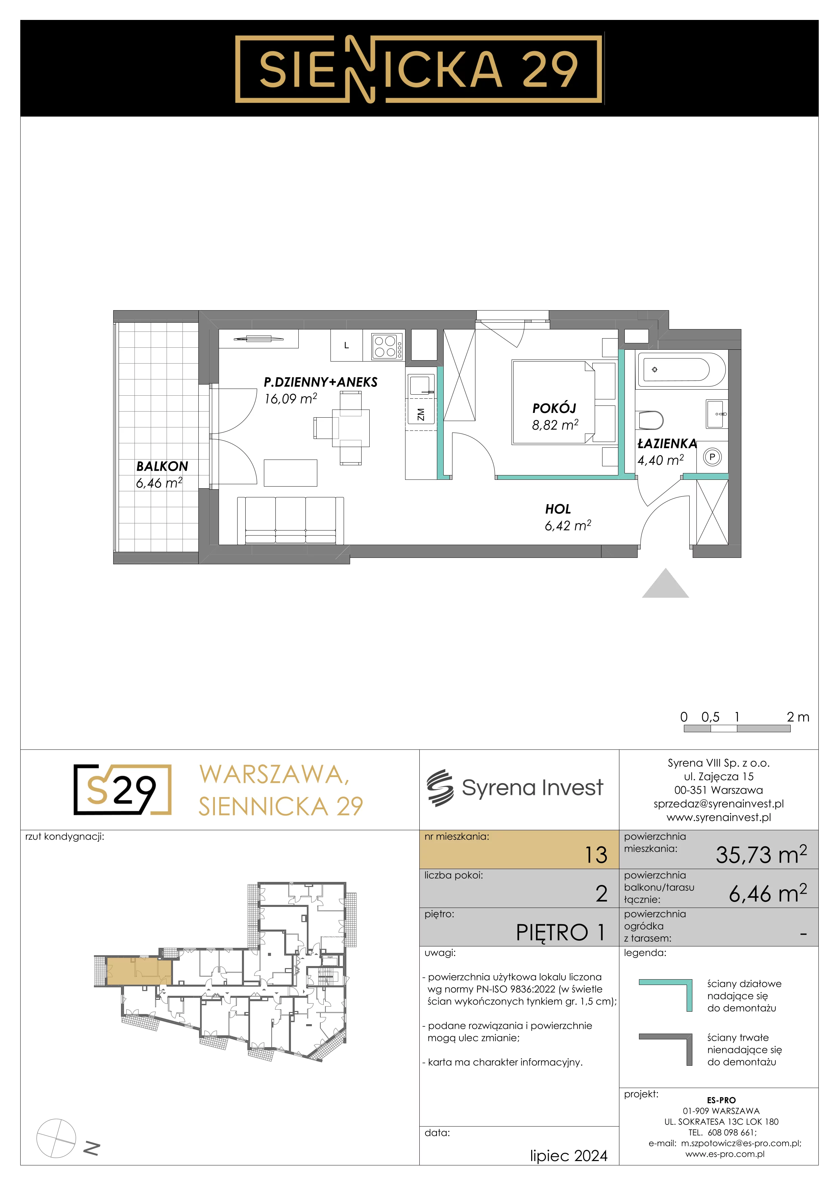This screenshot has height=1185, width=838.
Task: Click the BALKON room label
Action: click(x=162, y=466)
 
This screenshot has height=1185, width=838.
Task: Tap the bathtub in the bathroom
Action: click(x=682, y=370)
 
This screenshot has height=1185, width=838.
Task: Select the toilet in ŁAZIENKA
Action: click(x=651, y=420)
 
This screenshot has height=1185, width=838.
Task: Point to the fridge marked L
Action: click(x=346, y=345)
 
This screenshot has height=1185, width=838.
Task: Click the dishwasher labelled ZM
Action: click(x=421, y=414)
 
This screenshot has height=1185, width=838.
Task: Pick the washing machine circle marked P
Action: click(x=712, y=457)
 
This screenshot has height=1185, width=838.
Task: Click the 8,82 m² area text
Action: click(x=555, y=425)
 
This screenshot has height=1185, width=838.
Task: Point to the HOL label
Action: click(x=558, y=509)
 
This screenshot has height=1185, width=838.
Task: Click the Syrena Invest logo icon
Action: click(x=440, y=788)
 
